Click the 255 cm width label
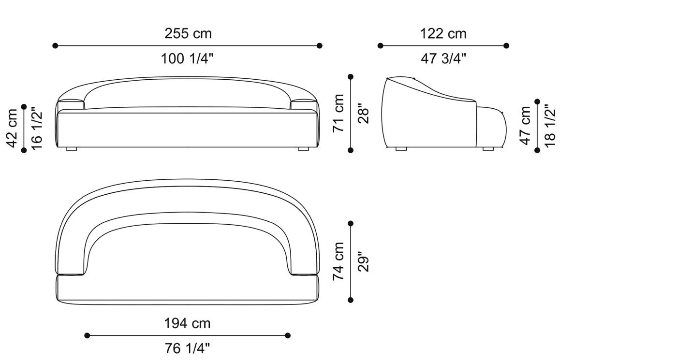tap(188, 33)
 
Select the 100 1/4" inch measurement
tap(187, 58)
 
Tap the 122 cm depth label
tap(443, 33)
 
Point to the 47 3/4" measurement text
tap(443, 58)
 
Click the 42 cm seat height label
tap(12, 129)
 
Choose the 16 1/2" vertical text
tap(37, 129)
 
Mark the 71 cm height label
tap(338, 113)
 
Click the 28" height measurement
tap(364, 114)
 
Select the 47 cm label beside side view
tap(525, 126)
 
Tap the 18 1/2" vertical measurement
tap(550, 126)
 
